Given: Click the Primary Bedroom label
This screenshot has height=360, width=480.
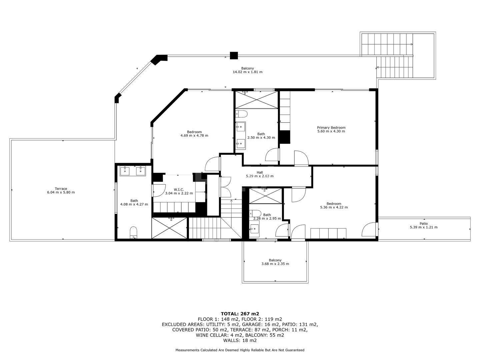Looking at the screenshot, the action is click(x=331, y=128).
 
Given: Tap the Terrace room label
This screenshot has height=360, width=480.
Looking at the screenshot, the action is click(x=61, y=189).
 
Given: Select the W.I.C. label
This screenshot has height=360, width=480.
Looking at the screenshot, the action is click(x=179, y=190).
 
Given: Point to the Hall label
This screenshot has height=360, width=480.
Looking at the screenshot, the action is click(x=260, y=172).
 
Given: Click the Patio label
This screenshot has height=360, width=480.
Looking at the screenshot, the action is click(x=424, y=224).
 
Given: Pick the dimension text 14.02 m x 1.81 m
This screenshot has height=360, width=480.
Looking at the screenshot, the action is click(x=247, y=72).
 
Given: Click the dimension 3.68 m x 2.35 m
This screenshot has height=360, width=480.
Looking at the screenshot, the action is click(x=275, y=264).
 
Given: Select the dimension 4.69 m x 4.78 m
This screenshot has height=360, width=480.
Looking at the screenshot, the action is click(x=194, y=136).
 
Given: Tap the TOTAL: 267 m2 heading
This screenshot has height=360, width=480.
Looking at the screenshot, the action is click(x=240, y=314).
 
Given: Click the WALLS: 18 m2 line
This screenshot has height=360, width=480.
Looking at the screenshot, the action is click(x=240, y=340).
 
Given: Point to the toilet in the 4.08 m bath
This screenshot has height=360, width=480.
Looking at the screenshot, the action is click(x=133, y=232).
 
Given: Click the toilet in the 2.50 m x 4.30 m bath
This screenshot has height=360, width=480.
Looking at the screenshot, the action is click(x=241, y=114).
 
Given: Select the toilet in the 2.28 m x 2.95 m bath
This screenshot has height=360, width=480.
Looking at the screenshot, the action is click(x=255, y=213).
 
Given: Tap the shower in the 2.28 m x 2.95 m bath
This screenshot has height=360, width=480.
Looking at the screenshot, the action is click(x=265, y=196).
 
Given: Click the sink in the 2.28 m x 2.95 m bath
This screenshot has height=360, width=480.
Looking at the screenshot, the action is click(x=254, y=229).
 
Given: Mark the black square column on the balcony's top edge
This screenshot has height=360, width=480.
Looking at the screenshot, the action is click(x=234, y=56).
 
